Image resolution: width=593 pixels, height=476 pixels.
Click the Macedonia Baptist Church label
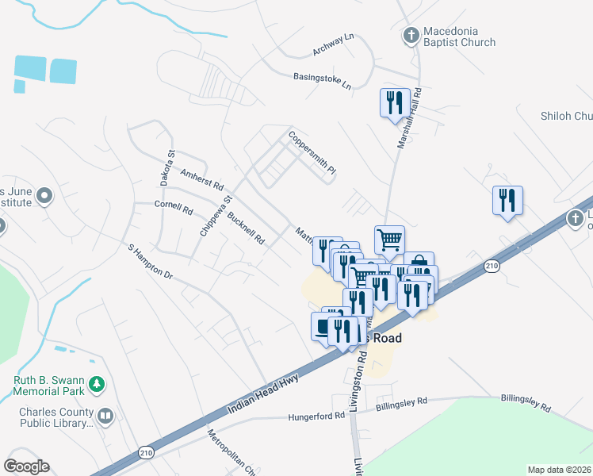(459, 36)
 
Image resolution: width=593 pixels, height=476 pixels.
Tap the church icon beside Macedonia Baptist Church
(411, 35)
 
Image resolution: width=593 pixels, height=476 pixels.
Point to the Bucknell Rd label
(245, 228)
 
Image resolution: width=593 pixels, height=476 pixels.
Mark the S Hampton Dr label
(150, 261)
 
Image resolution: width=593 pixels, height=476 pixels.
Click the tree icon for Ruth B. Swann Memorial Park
(97, 385)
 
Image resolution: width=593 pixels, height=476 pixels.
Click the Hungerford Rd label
(317, 416)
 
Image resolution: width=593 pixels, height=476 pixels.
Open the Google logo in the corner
(26, 466)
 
